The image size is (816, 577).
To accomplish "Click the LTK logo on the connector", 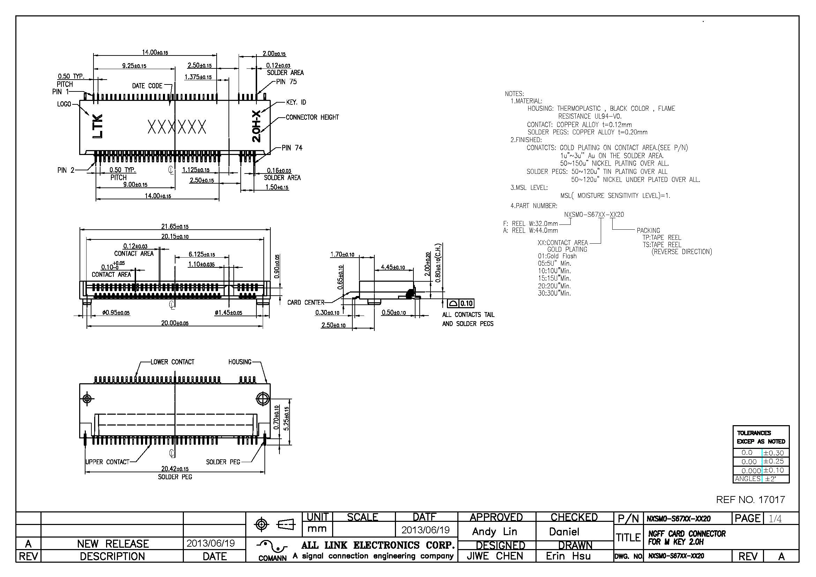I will (x=97, y=127).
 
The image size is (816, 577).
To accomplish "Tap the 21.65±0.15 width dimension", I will (x=175, y=227).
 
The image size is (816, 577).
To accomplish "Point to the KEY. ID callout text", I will (x=296, y=102).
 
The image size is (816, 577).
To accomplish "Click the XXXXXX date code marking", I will (x=177, y=127).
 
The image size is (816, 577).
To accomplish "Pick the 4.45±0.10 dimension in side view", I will (x=393, y=267).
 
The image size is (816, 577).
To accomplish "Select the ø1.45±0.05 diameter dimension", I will (x=228, y=313).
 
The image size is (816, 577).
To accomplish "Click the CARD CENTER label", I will (x=306, y=303).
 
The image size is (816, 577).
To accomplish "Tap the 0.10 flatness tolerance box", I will (x=466, y=303).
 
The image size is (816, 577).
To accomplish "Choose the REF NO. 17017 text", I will (x=750, y=500).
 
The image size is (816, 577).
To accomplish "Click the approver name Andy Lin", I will (x=494, y=532).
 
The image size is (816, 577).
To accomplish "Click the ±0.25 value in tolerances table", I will (x=774, y=461).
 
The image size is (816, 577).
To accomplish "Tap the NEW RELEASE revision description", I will (x=113, y=544).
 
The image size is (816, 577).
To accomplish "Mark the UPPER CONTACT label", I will (x=107, y=462).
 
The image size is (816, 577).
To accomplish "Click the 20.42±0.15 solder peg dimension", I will (x=175, y=469).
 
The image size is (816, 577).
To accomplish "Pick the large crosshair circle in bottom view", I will (x=262, y=399).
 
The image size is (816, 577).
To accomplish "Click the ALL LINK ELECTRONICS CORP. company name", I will (x=378, y=545).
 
